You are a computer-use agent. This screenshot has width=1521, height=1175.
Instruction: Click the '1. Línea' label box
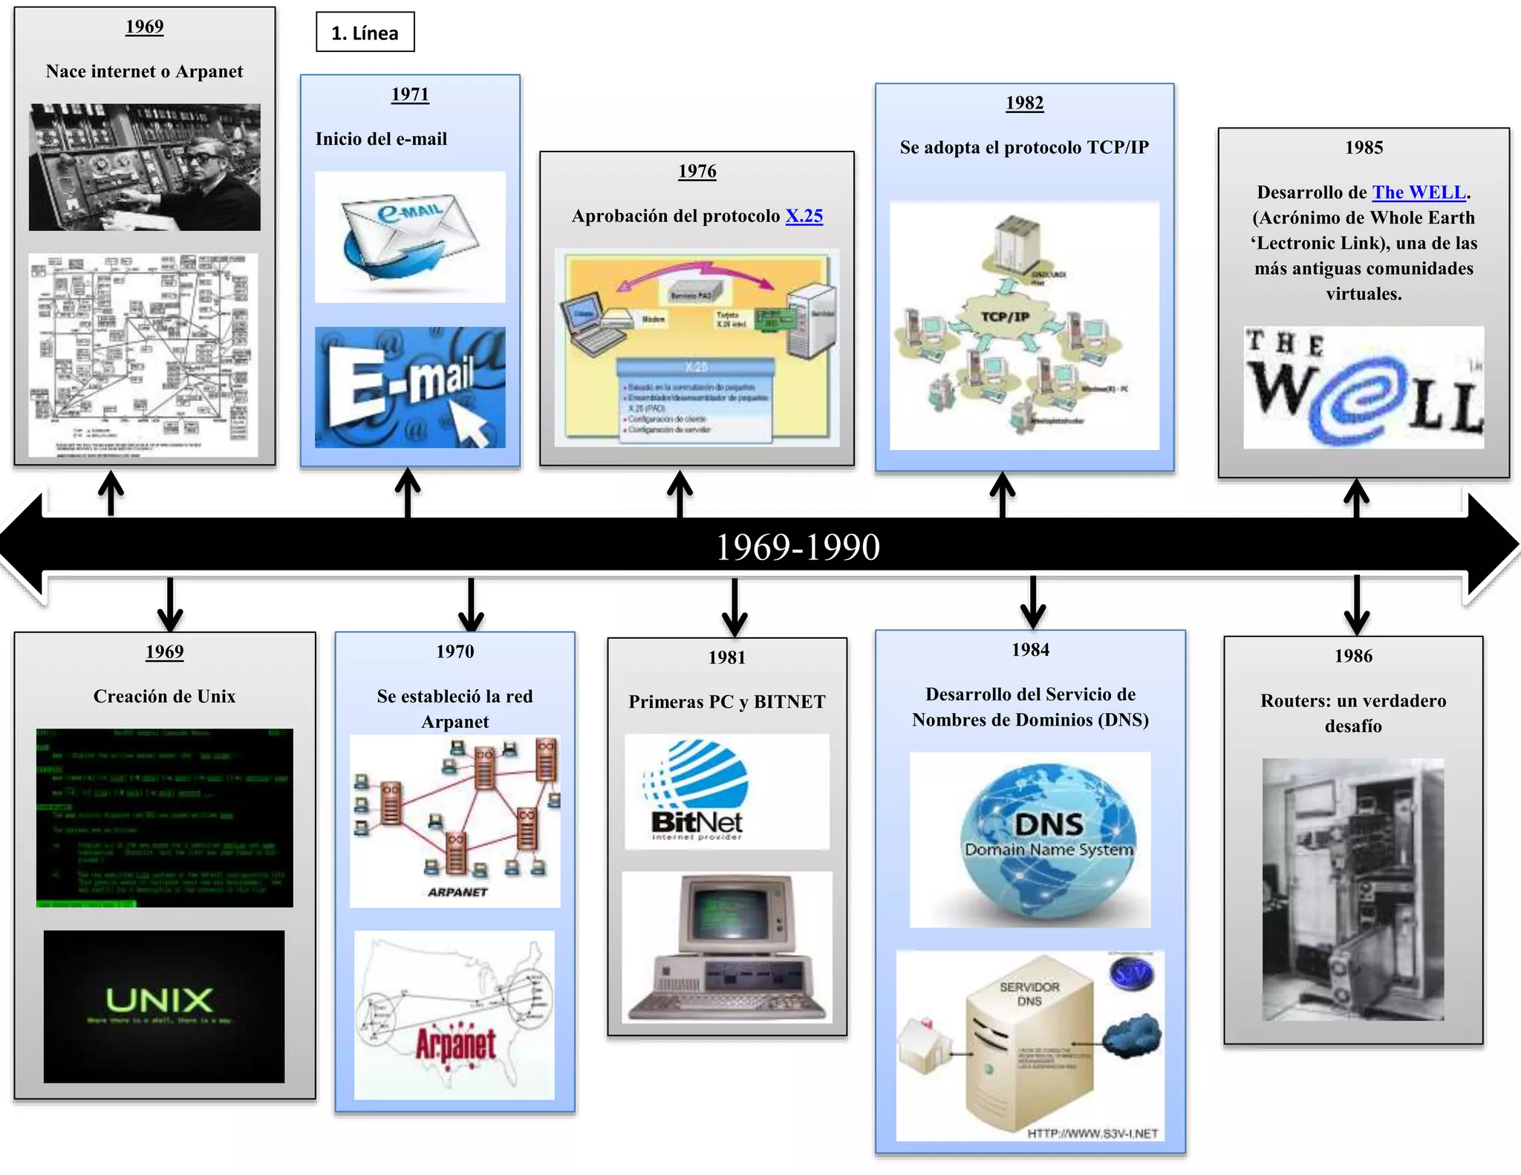tap(365, 33)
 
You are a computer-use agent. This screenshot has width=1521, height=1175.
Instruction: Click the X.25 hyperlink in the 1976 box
tap(804, 216)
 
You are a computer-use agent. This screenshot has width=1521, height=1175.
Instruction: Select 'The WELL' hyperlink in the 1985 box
tap(1419, 192)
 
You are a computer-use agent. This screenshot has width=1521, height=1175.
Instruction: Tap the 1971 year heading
tap(410, 94)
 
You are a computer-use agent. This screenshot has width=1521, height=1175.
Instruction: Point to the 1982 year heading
tap(1024, 102)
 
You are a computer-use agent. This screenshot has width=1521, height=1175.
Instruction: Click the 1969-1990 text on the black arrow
tap(798, 547)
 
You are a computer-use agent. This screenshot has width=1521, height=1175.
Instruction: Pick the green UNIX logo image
tap(163, 1006)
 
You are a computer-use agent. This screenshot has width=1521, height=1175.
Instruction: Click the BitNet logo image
tap(726, 792)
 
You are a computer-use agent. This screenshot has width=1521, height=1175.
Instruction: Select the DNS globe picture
tap(1030, 839)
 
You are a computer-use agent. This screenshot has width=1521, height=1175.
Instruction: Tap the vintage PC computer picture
tap(726, 947)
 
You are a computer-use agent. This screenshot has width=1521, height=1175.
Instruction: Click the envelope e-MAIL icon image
tap(410, 237)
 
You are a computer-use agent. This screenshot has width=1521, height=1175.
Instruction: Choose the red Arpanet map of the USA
tap(454, 1015)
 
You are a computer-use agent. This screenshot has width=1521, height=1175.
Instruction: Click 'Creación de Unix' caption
tap(164, 697)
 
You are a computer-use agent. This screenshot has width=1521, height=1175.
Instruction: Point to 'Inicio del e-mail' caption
tap(381, 139)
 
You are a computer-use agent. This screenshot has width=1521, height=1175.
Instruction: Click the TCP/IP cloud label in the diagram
tap(1005, 317)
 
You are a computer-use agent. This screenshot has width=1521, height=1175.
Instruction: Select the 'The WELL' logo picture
tap(1364, 387)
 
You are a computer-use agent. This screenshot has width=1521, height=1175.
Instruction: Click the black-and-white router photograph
tap(1352, 889)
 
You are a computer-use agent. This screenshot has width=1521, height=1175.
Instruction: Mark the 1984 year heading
tap(1030, 650)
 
